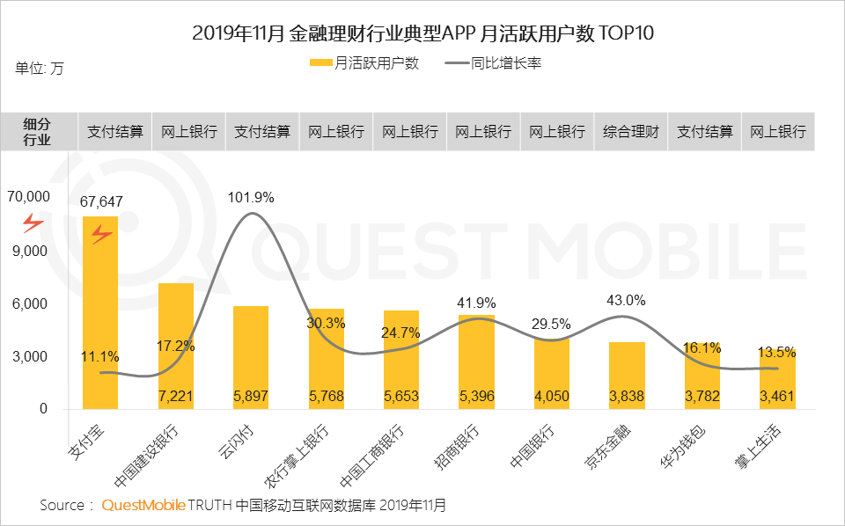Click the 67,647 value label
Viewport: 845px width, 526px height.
click(x=101, y=201)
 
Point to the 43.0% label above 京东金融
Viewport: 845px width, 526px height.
click(x=626, y=300)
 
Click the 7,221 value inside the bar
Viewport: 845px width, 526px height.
click(x=176, y=397)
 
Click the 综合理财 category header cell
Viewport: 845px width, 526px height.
click(x=631, y=132)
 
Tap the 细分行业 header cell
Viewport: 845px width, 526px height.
click(x=37, y=132)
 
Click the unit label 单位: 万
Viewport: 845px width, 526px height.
click(x=40, y=68)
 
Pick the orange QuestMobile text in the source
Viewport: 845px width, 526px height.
click(x=143, y=506)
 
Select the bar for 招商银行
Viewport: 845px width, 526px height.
click(x=476, y=362)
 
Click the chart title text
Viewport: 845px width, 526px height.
click(x=422, y=34)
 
